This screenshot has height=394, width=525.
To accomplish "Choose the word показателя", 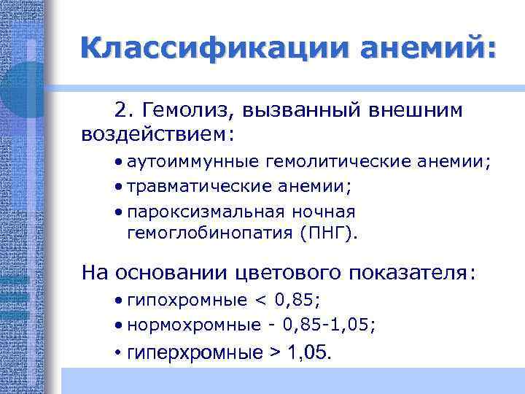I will click(411, 273).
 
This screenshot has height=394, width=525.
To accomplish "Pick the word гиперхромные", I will click(194, 353).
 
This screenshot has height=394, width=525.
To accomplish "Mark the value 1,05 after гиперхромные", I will click(308, 353).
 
